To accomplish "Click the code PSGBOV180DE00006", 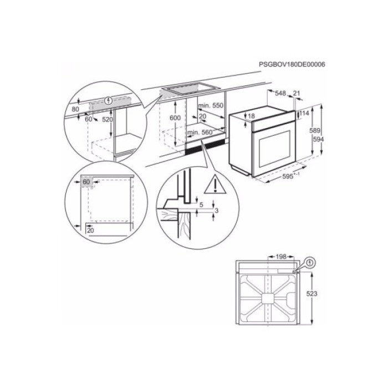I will tap(292, 64).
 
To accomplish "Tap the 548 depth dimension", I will tap(280, 93).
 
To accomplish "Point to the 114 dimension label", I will tap(304, 114).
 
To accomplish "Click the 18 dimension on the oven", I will tap(251, 116).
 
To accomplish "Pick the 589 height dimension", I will tap(315, 131).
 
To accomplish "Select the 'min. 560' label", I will tap(199, 132).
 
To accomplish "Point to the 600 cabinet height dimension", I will tap(175, 118).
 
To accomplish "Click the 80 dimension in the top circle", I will tap(75, 110).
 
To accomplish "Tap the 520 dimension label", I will tap(107, 120).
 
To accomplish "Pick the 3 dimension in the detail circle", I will tap(217, 211).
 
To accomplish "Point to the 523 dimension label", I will tap(312, 294).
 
